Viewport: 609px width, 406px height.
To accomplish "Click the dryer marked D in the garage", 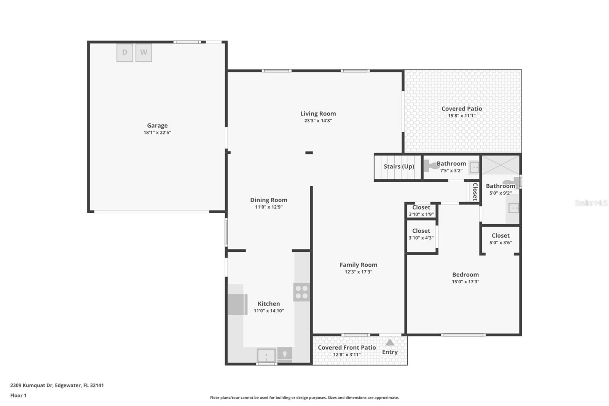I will [125, 53].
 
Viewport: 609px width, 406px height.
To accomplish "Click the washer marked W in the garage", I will [143, 53].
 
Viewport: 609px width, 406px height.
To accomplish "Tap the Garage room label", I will [157, 125].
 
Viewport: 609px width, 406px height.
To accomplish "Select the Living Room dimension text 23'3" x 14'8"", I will [318, 121].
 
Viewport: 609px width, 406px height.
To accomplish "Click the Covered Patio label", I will [461, 109].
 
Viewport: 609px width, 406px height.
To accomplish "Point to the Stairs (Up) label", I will [399, 166].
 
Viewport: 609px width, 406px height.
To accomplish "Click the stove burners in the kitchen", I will [301, 292].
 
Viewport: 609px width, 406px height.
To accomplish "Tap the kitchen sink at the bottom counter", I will [266, 356].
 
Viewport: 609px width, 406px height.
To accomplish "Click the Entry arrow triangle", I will [390, 342].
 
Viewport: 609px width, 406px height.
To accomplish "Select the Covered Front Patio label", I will [347, 347].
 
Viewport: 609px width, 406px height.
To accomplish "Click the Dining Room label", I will [268, 200].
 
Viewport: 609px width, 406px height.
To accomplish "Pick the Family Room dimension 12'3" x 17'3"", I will [358, 272].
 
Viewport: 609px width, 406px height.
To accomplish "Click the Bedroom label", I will [465, 275].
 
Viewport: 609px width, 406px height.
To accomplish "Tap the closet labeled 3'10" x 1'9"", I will [421, 211].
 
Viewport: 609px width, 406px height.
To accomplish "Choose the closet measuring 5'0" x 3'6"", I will [500, 239].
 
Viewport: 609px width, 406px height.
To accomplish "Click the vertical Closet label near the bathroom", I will [475, 192].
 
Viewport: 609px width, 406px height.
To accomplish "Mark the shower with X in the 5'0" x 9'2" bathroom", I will [500, 165].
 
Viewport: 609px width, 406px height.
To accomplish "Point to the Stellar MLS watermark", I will [591, 203].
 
